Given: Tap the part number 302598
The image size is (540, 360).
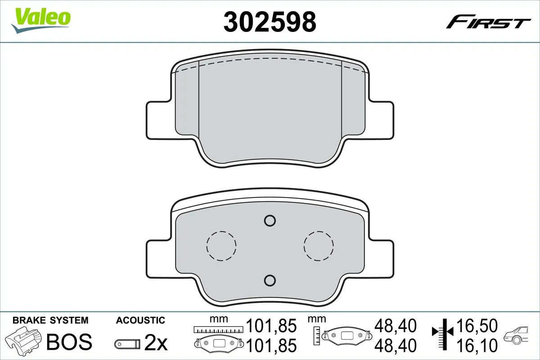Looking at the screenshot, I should [x=270, y=21].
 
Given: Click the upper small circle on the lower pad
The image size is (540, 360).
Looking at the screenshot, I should [x=270, y=220].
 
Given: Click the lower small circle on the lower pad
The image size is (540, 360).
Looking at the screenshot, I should [x=270, y=280].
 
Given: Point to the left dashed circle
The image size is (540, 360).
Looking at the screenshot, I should [x=221, y=246].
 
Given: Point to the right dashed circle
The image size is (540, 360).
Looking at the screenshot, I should [x=319, y=246].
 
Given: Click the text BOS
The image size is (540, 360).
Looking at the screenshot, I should [x=69, y=342].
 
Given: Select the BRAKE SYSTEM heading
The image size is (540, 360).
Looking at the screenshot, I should [x=50, y=320].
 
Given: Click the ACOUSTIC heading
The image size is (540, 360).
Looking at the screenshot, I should [x=140, y=320].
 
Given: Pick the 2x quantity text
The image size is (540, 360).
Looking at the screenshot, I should [x=156, y=343].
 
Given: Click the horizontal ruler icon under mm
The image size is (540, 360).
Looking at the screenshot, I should [x=218, y=329].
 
